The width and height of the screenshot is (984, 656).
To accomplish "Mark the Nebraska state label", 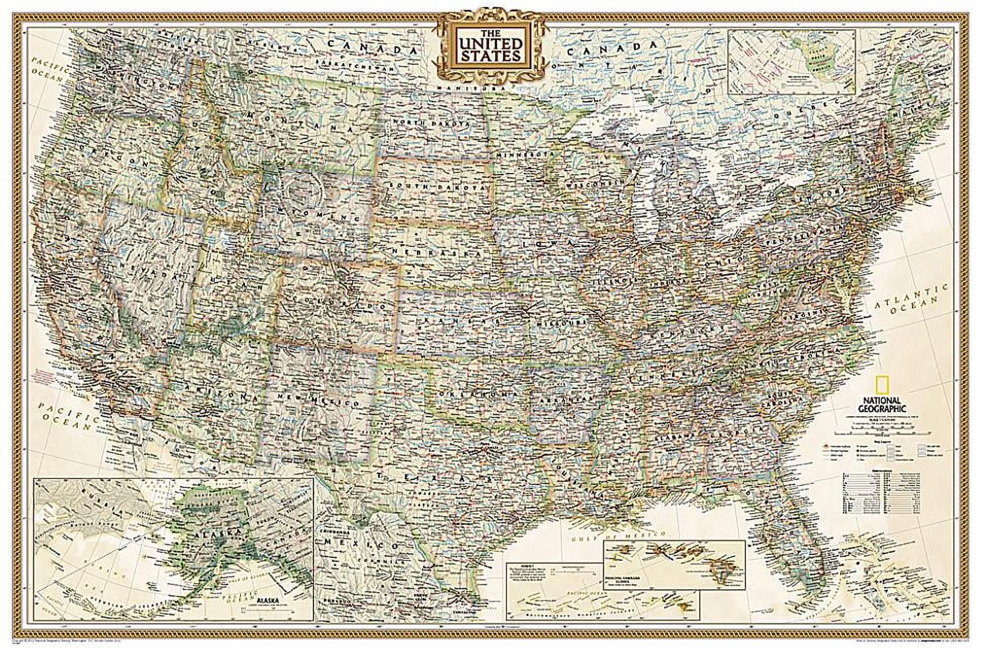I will pos(435,252).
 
